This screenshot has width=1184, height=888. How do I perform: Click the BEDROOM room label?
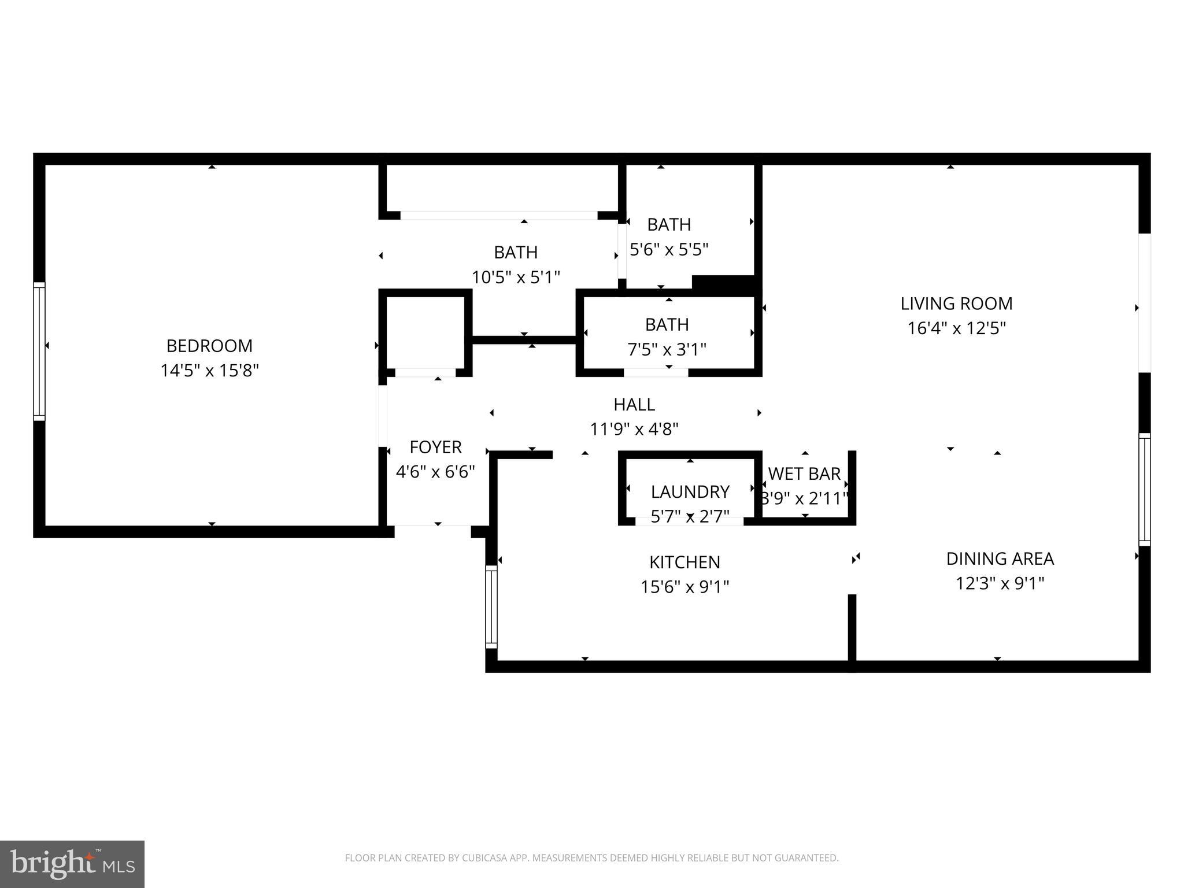coord(209,346)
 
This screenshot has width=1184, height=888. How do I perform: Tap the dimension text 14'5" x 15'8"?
coord(209,371)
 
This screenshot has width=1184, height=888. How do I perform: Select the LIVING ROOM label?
coord(956,304)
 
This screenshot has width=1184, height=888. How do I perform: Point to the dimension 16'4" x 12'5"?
coord(956,328)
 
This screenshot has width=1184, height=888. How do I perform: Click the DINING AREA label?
coord(1000,558)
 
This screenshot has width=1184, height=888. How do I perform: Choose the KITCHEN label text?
coord(684,562)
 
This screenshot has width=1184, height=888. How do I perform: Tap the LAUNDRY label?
coord(690,492)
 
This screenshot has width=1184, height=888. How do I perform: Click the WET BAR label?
coord(804,473)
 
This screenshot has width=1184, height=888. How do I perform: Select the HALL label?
coord(634,404)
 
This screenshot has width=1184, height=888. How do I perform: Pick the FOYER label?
coord(435,447)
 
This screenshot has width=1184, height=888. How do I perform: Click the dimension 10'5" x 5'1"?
coord(516,277)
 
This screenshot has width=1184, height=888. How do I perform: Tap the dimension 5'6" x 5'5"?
coord(669,249)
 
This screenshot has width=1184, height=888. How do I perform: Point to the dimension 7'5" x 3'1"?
coord(667,349)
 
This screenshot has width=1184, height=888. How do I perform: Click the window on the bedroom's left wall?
coord(39,351)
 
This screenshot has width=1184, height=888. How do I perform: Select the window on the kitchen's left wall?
coord(491,607)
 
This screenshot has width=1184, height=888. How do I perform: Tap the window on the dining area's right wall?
coord(1144,489)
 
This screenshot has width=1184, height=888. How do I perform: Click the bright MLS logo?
coord(72,864)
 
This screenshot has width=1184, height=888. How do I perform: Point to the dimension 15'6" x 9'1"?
coord(684,587)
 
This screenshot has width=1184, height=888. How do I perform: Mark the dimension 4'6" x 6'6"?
coord(435,472)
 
